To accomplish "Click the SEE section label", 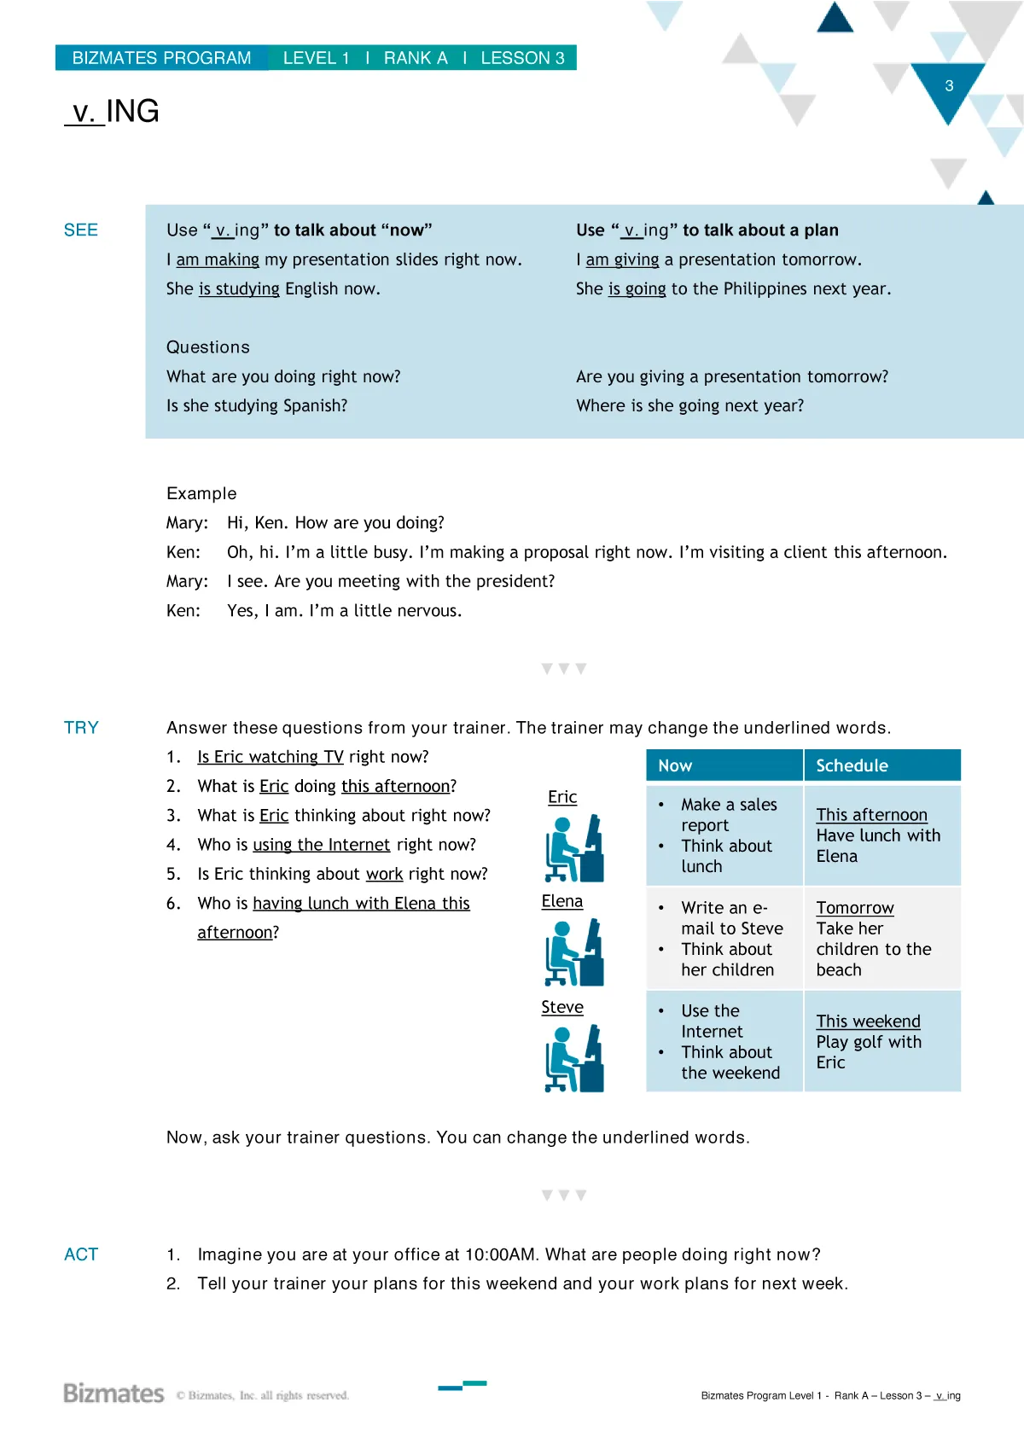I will pyautogui.click(x=81, y=230).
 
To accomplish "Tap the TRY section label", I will pyautogui.click(x=82, y=728).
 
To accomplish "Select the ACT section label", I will pyautogui.click(x=82, y=1254).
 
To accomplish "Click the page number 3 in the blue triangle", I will pyautogui.click(x=949, y=86).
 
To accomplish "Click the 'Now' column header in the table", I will pyautogui.click(x=675, y=766).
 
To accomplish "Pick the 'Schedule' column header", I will pyautogui.click(x=852, y=766).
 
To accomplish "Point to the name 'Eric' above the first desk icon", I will pyautogui.click(x=562, y=797).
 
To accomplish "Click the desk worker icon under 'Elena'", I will pyautogui.click(x=574, y=952).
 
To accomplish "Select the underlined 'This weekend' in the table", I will pyautogui.click(x=868, y=1021).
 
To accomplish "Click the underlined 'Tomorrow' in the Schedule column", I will pyautogui.click(x=854, y=908).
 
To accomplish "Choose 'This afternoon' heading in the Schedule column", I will pyautogui.click(x=871, y=815).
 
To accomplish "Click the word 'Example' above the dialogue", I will pyautogui.click(x=201, y=494).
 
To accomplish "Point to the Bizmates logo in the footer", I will pyautogui.click(x=113, y=1394).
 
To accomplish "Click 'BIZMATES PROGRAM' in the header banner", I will pyautogui.click(x=161, y=58).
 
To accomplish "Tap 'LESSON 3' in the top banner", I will pyautogui.click(x=522, y=58).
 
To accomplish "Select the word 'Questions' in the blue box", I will pyautogui.click(x=208, y=347).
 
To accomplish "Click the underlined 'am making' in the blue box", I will pyautogui.click(x=218, y=259).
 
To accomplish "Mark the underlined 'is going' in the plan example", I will pyautogui.click(x=637, y=289).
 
